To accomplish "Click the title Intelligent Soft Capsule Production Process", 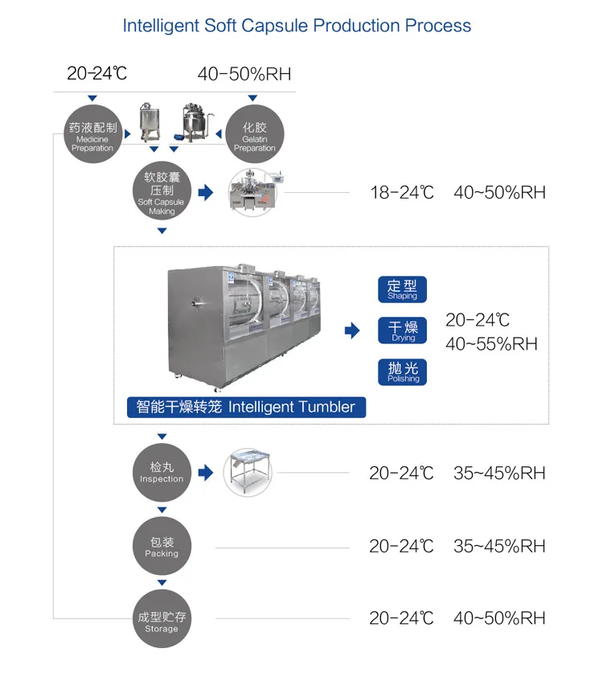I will click(x=297, y=26).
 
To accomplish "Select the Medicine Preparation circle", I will click(x=93, y=133).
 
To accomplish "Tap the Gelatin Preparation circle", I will click(x=254, y=133).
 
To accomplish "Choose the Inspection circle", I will click(x=162, y=473).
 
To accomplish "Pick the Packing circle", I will click(x=162, y=547).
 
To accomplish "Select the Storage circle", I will click(x=162, y=618).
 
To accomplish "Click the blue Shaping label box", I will click(x=402, y=289).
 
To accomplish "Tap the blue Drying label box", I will click(x=402, y=330).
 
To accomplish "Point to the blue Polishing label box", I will click(x=402, y=371).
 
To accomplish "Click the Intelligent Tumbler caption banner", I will click(x=246, y=407).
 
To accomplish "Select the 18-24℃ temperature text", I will click(x=401, y=193).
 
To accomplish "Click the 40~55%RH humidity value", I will click(x=491, y=344).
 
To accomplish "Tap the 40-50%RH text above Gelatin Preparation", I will click(x=244, y=75).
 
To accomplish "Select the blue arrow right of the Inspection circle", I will click(x=206, y=473).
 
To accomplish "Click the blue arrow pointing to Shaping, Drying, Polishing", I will click(x=351, y=330).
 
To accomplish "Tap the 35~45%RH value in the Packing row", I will click(x=499, y=547).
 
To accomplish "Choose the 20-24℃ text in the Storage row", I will click(x=401, y=618).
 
